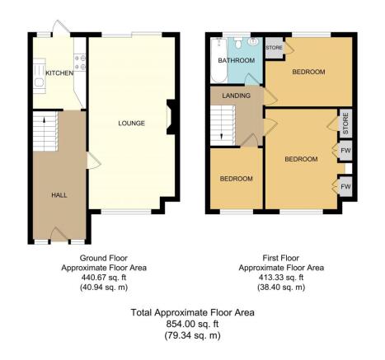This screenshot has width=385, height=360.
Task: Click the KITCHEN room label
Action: tap(59, 73)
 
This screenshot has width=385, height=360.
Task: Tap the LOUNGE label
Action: tap(131, 124)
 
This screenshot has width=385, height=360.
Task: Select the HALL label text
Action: tap(59, 195)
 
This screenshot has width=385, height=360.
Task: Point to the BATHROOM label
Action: tap(237, 60)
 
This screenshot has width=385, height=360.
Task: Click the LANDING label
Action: tap(237, 96)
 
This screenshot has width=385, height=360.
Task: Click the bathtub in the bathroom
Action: tap(219, 60)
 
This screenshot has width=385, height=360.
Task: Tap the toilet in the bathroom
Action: tap(238, 42)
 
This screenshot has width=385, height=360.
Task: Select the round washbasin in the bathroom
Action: tap(252, 42)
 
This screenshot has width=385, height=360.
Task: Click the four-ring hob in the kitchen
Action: tap(80, 63)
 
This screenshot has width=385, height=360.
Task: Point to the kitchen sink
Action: tap(40, 76)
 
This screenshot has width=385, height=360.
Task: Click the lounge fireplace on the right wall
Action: tap(171, 117)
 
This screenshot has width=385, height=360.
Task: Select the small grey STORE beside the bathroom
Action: tap(275, 48)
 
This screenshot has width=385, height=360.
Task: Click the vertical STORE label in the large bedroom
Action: tap(345, 124)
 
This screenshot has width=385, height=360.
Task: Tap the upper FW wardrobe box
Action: tap(345, 151)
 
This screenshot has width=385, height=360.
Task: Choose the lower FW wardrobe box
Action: tap(345, 187)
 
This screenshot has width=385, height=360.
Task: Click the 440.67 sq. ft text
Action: tap(104, 278)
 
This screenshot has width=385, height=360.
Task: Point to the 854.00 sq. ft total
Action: tap(192, 324)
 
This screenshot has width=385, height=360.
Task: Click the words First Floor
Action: tap(281, 258)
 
